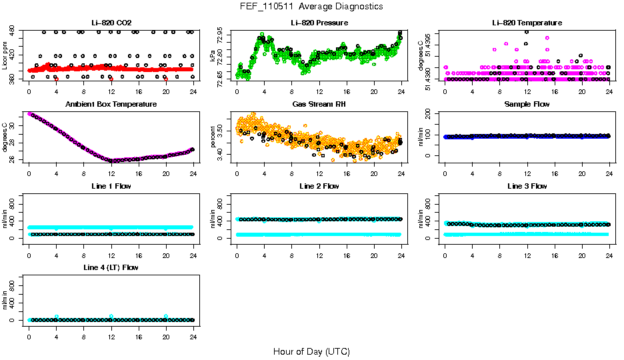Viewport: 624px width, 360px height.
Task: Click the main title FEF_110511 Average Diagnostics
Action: point(312,7)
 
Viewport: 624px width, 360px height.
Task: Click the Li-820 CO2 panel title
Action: point(111,23)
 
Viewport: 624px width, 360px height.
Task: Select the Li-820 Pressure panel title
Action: point(319,23)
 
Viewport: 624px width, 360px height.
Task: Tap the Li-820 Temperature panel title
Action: point(526,23)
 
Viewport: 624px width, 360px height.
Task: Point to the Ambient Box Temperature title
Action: point(111,105)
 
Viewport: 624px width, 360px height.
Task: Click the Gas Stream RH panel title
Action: point(319,105)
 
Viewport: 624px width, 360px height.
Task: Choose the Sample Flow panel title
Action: point(526,105)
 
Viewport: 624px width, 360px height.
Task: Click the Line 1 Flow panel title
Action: point(111,186)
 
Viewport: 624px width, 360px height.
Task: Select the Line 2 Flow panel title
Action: point(319,186)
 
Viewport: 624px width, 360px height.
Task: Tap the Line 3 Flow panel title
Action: point(526,186)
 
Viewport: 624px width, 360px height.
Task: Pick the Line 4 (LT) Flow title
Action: point(111,267)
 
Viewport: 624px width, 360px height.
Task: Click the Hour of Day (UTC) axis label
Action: point(311,351)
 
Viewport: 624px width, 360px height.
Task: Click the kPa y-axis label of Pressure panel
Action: point(213,55)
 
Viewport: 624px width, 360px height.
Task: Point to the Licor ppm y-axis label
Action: point(5,55)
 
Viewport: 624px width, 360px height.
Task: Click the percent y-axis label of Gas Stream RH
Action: point(213,137)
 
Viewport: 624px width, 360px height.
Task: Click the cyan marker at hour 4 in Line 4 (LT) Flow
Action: point(57,317)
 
